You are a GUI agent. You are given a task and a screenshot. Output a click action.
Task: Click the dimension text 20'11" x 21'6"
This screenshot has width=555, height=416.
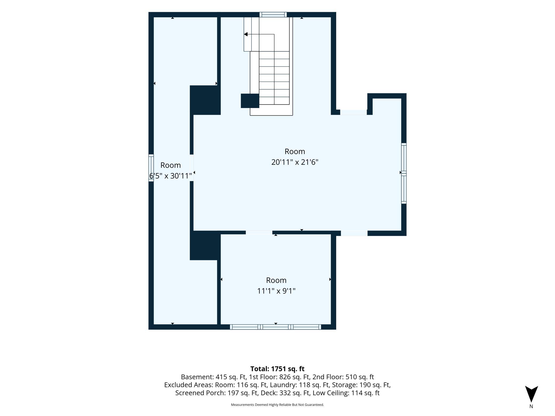(x=295, y=162)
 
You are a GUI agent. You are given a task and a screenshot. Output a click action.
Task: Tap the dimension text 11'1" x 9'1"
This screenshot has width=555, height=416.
(x=276, y=291)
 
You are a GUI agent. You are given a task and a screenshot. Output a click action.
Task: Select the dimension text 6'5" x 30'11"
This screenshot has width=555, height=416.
(x=171, y=176)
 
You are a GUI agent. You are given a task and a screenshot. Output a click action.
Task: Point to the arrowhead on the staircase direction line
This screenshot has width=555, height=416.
(x=246, y=34)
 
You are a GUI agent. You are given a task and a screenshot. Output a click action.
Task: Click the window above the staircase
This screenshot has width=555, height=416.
(x=273, y=15)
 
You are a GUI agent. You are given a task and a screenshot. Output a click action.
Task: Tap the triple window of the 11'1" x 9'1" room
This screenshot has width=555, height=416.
(x=275, y=327)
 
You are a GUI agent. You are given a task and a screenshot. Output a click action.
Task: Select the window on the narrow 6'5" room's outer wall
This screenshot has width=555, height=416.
(x=151, y=168)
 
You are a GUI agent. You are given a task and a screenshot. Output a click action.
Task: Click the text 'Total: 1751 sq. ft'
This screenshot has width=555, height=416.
(x=277, y=369)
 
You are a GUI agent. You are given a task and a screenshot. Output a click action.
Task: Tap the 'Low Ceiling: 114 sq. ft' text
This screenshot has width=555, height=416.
(x=346, y=393)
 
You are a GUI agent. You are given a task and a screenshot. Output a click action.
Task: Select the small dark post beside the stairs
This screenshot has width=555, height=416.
(x=250, y=101)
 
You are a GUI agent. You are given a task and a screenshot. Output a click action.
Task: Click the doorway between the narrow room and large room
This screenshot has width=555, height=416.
(x=192, y=168)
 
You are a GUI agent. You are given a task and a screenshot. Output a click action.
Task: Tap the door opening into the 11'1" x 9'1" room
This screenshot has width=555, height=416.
(x=259, y=233)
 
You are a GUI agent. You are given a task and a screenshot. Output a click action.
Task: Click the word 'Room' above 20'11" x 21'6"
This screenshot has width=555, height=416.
(x=295, y=151)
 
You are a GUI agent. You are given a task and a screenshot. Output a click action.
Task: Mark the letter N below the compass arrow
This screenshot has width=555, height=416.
(x=531, y=406)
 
